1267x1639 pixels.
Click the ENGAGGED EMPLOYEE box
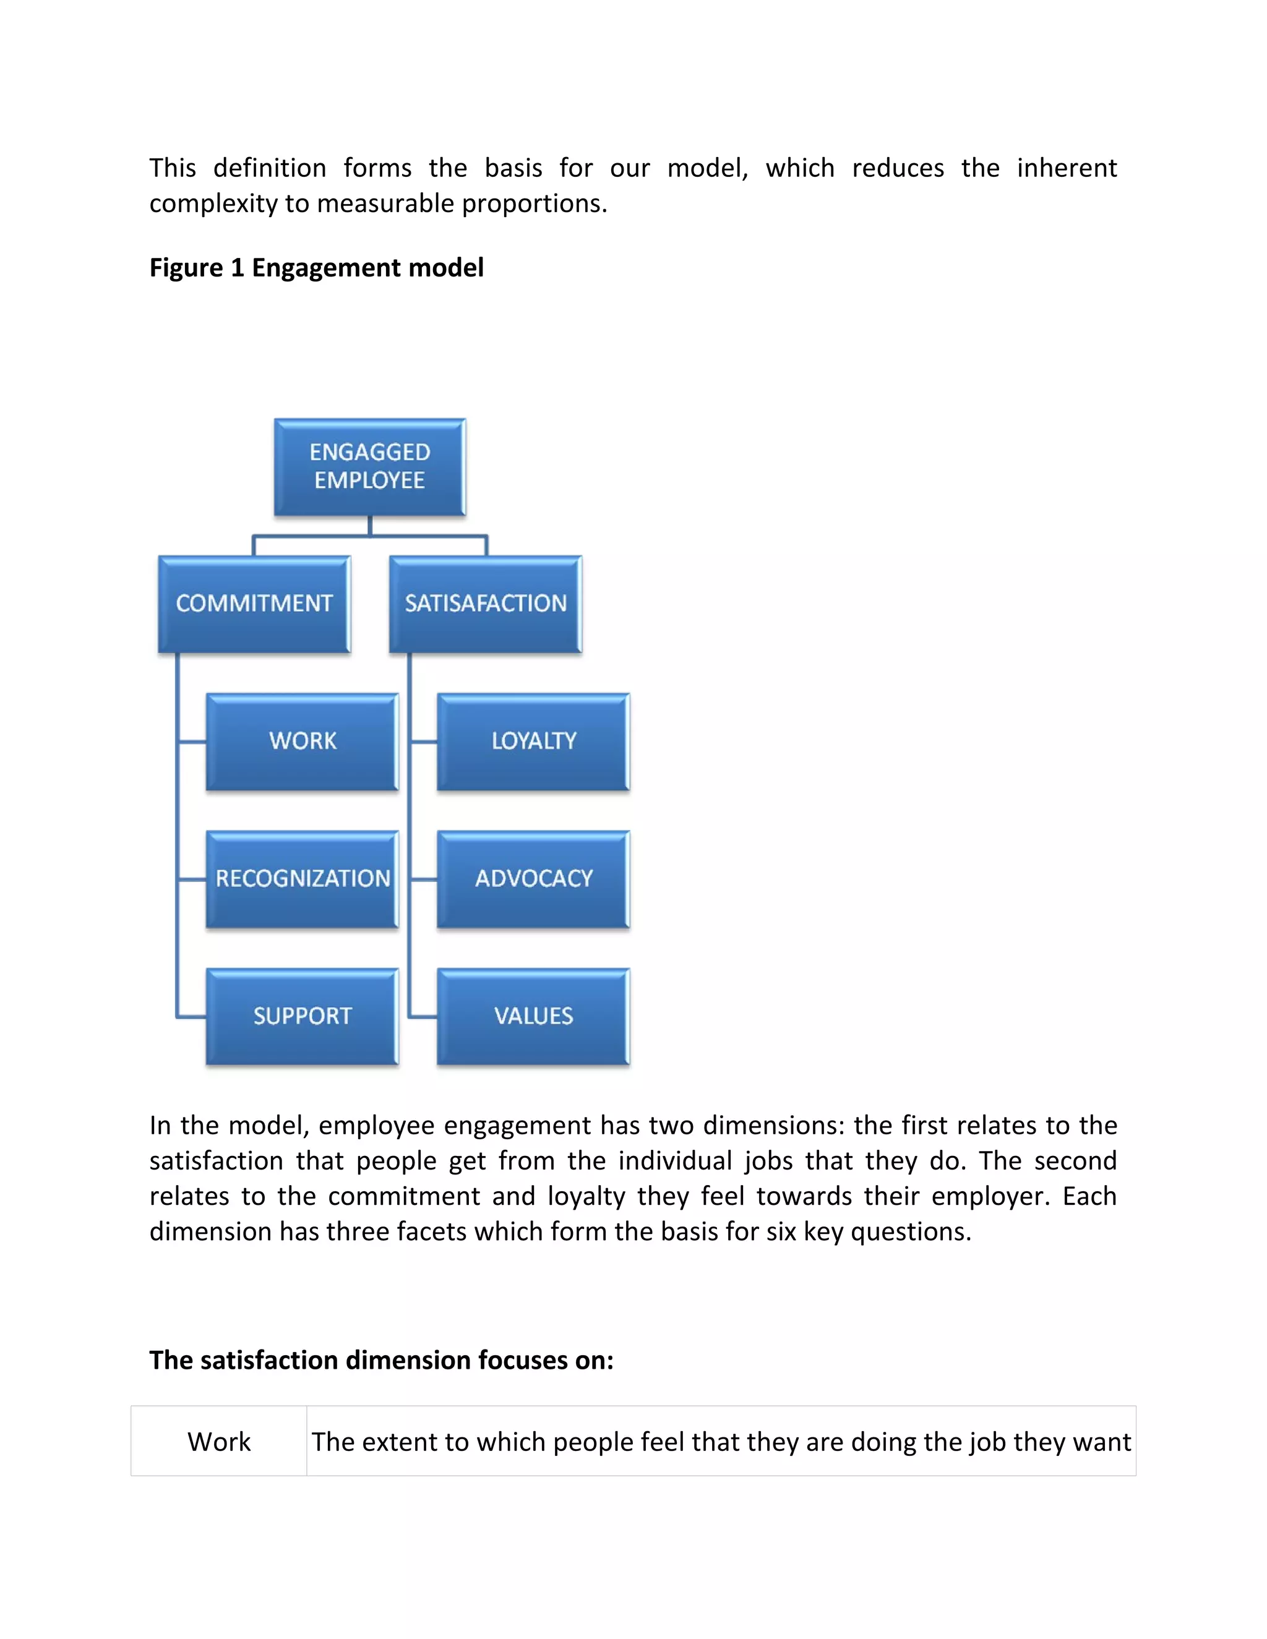click(x=369, y=467)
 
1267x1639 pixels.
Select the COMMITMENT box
click(x=254, y=604)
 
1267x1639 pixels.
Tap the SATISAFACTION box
click(x=486, y=604)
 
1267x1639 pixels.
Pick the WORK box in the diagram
click(x=303, y=742)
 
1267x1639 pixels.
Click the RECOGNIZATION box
click(x=303, y=879)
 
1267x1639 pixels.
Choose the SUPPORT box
click(x=303, y=1016)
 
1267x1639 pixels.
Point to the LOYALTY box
click(x=534, y=742)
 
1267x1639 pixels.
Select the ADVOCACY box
click(x=534, y=879)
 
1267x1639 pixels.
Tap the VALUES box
click(x=534, y=1016)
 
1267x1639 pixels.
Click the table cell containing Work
click(x=218, y=1442)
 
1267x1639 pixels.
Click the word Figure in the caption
click(x=186, y=268)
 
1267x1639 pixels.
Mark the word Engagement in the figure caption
click(x=327, y=268)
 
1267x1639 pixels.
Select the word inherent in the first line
click(x=1067, y=168)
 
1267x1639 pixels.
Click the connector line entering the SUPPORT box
click(x=191, y=1017)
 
